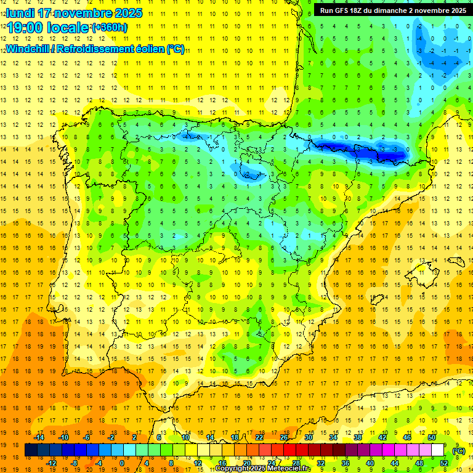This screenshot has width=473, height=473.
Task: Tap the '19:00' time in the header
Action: click(25, 28)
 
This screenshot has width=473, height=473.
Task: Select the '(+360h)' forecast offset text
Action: click(110, 28)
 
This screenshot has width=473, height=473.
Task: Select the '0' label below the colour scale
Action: click(121, 463)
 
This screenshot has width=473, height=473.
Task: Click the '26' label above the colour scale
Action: click(284, 437)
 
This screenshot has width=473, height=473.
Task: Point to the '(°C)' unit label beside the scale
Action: click(459, 451)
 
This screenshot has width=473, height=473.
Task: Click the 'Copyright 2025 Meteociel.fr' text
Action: click(263, 469)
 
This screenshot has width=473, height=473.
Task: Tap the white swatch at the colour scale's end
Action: click(438, 450)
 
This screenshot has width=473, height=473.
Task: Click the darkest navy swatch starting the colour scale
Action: click(31, 450)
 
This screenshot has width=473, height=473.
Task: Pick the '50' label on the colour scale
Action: click(432, 437)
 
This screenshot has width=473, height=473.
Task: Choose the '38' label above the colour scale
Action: click(358, 437)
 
